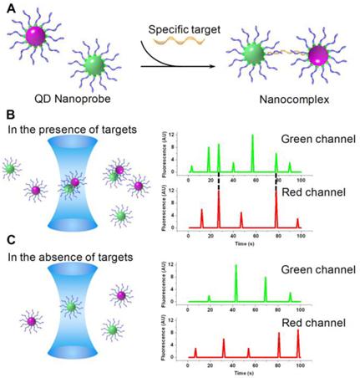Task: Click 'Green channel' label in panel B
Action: click(x=319, y=139)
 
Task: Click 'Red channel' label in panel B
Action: click(x=319, y=194)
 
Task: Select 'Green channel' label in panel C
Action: click(x=319, y=269)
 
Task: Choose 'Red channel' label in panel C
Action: click(x=319, y=321)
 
